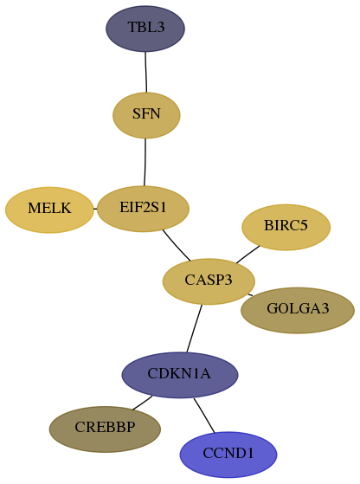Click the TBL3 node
(145, 29)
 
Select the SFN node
(146, 115)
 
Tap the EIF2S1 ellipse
(143, 209)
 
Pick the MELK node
(49, 210)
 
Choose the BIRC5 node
(286, 227)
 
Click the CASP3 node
(209, 281)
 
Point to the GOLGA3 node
(298, 310)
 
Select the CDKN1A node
(180, 375)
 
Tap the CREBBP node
(105, 429)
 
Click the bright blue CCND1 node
(228, 455)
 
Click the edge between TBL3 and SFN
(146, 72)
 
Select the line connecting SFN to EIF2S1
(145, 162)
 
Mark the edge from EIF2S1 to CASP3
(176, 246)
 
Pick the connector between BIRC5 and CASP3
(247, 255)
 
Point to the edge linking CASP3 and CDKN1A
(195, 328)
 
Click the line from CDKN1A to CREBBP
(143, 403)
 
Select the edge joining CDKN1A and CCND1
(204, 416)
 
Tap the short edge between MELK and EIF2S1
(95, 209)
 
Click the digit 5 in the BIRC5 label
(304, 226)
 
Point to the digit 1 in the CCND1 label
(249, 453)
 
